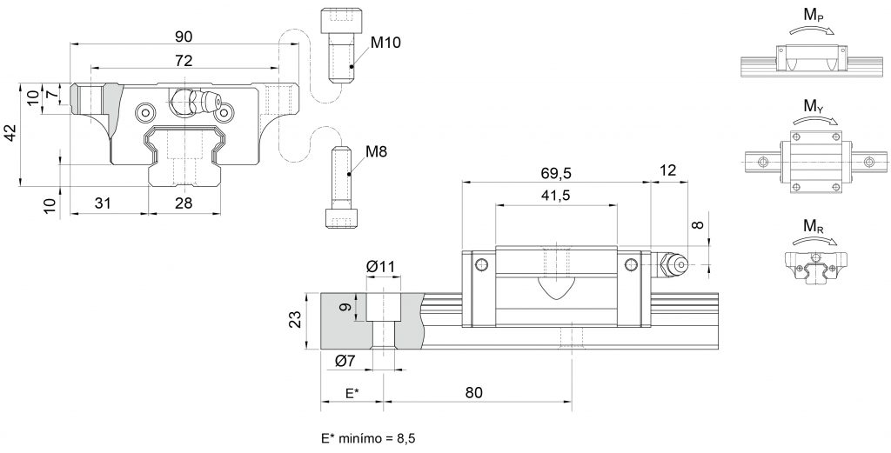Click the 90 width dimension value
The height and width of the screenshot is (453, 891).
pos(184,37)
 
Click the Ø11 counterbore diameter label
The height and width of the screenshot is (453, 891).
pos(382,266)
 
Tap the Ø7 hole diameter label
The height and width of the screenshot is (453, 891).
pos(345,361)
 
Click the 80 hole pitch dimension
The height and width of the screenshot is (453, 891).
pos(473,392)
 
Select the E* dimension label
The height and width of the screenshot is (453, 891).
pos(352,392)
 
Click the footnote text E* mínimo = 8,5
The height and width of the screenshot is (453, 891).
pos(365,438)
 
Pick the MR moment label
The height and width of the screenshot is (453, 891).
pos(814,227)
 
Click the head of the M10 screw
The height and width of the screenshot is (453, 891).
pos(338,21)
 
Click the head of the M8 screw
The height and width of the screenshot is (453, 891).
pos(342,217)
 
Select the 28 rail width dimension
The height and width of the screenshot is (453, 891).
pos(184,203)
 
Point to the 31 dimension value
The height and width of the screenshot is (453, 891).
pos(103,203)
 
